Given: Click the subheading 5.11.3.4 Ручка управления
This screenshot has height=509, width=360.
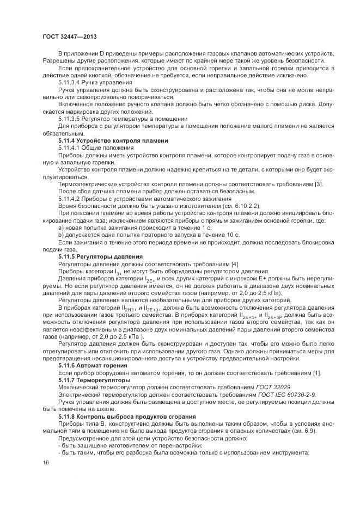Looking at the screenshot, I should pos(87,81).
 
